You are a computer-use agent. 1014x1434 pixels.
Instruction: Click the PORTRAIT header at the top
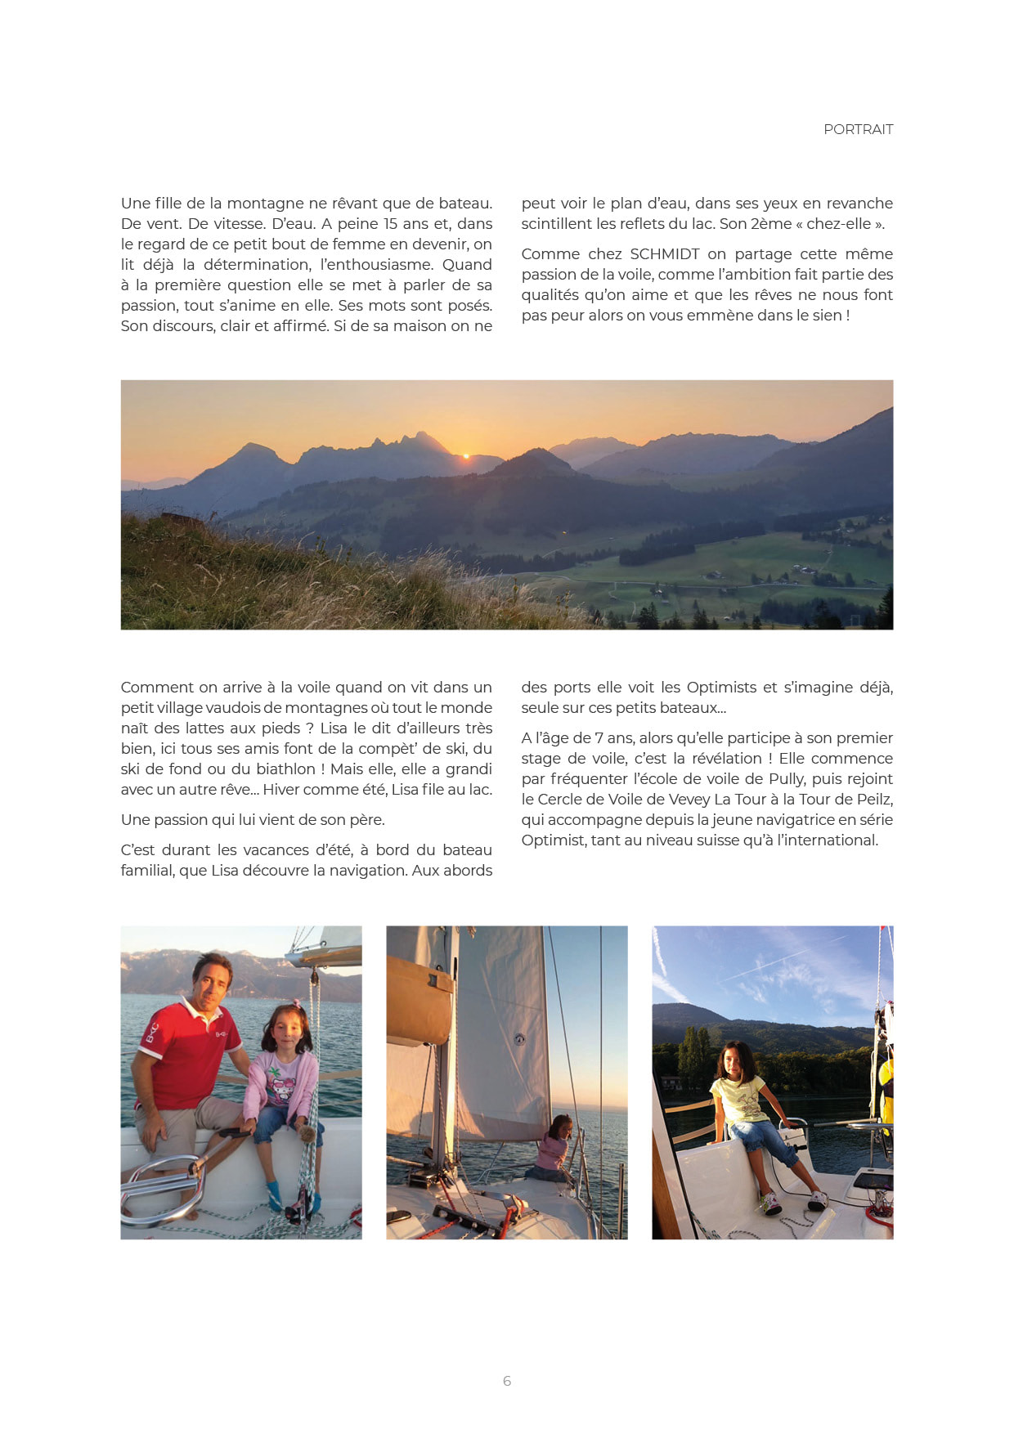pos(858,129)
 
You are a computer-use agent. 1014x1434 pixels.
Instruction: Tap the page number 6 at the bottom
pos(507,1381)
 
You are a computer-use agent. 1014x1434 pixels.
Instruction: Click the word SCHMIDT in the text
pos(664,254)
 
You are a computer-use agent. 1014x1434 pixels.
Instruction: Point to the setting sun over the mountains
pos(466,455)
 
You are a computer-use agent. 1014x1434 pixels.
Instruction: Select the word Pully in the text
pos(786,779)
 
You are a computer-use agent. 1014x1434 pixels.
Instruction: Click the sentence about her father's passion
pos(252,820)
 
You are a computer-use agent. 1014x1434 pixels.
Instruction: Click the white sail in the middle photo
pos(499,1046)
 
